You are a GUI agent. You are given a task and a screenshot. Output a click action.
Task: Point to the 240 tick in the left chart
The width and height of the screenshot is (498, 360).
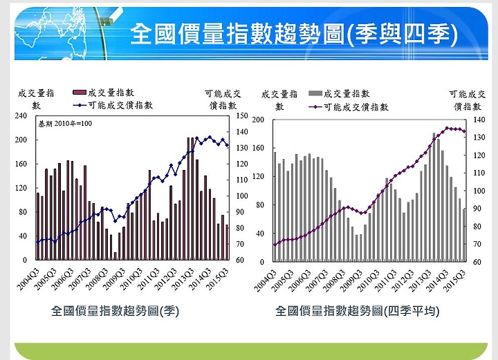tap(21, 116)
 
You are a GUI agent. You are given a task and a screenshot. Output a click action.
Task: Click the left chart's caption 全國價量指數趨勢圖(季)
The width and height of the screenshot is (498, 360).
tap(116, 312)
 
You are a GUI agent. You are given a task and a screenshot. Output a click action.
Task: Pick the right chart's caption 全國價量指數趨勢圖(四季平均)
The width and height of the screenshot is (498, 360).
tap(357, 312)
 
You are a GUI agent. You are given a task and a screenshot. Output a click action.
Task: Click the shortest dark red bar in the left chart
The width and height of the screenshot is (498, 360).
tap(115, 256)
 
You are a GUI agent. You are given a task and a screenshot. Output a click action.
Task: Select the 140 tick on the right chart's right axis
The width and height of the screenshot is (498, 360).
tap(479, 120)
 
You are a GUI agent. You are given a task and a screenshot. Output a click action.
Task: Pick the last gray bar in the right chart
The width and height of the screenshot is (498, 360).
tap(464, 235)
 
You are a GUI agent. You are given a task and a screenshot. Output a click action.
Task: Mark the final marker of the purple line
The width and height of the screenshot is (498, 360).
tap(465, 131)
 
